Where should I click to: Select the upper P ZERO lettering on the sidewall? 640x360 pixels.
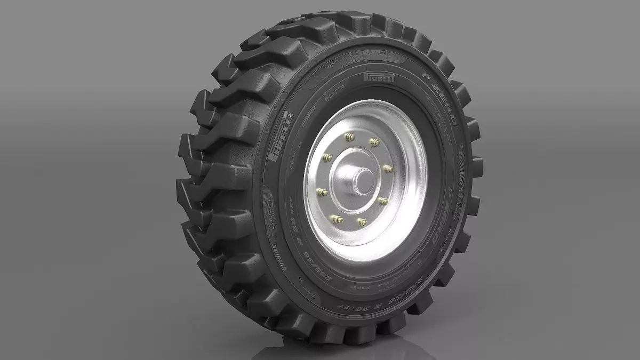pyautogui.click(x=443, y=106)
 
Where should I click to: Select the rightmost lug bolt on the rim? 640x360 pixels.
pyautogui.click(x=388, y=169)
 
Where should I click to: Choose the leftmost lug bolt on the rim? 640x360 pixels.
pyautogui.click(x=322, y=191)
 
